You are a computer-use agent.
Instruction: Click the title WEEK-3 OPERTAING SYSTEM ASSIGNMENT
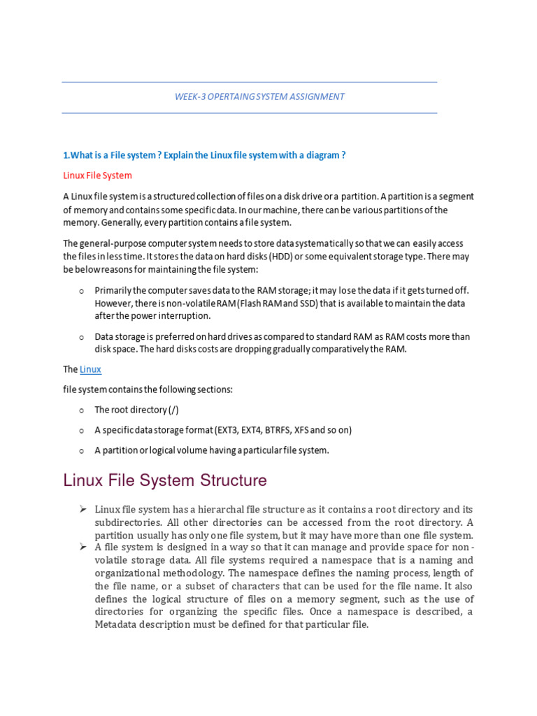click(259, 96)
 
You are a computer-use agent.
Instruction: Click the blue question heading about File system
click(204, 155)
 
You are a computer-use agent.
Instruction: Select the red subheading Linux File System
click(97, 176)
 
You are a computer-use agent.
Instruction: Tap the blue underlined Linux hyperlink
click(90, 369)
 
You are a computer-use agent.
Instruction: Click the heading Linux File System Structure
click(164, 481)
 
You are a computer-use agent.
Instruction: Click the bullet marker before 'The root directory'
click(81, 410)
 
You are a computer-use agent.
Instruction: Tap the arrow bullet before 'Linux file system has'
click(82, 509)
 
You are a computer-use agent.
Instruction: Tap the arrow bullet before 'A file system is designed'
click(82, 547)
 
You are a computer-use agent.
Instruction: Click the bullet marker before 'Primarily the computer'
click(81, 291)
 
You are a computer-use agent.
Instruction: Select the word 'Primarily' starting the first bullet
click(113, 290)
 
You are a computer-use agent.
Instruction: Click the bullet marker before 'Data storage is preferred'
click(81, 337)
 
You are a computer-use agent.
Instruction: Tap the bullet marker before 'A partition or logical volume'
click(81, 451)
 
